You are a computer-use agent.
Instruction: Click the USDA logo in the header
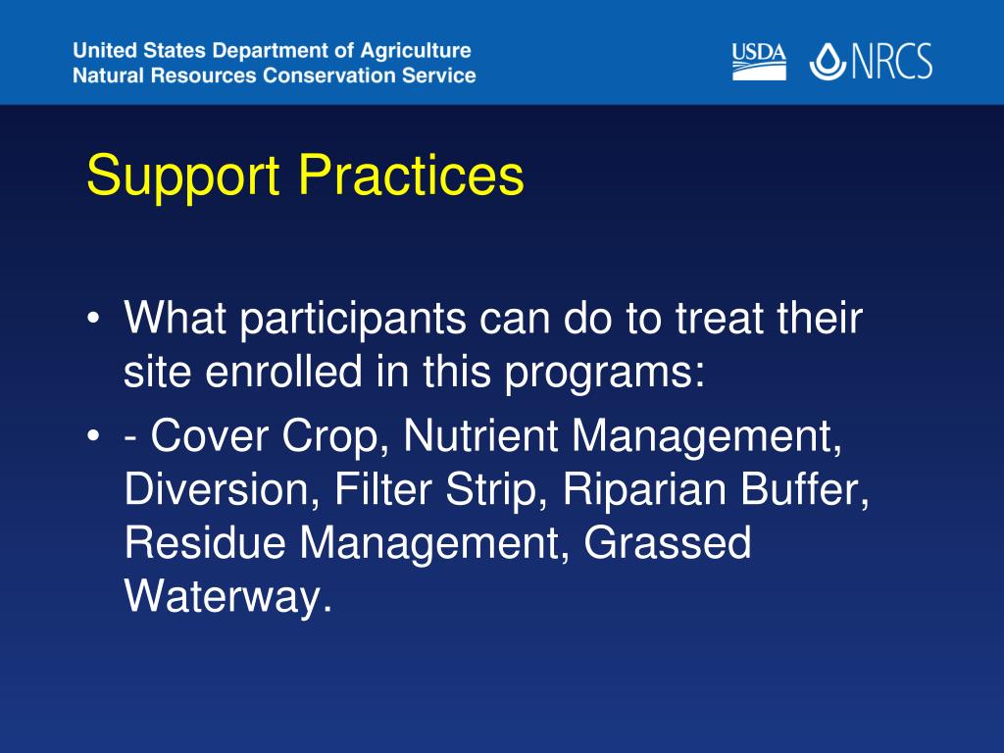(759, 62)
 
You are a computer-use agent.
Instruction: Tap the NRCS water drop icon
(828, 62)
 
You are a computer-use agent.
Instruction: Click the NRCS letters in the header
(891, 62)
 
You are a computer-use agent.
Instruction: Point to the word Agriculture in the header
(416, 51)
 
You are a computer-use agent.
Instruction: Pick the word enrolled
(283, 372)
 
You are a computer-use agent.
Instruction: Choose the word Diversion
(222, 490)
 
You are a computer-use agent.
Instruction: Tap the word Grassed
(667, 543)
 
